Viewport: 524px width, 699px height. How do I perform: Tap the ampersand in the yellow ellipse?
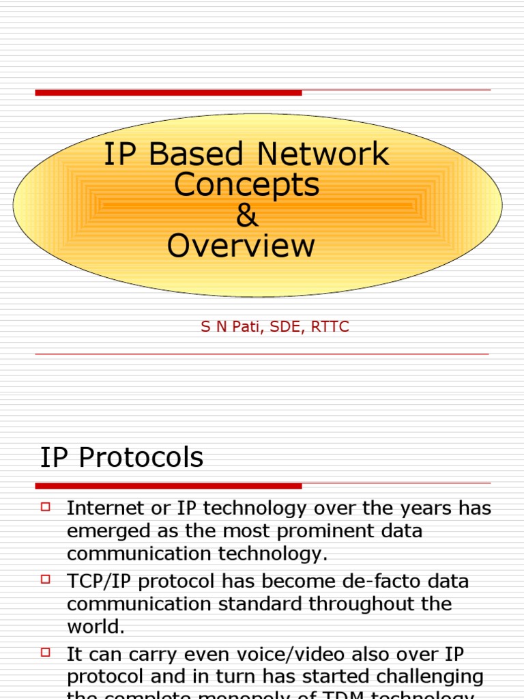[247, 216]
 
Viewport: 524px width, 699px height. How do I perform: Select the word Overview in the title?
[241, 246]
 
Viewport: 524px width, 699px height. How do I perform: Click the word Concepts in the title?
[246, 186]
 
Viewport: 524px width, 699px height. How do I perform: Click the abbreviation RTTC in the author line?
[330, 327]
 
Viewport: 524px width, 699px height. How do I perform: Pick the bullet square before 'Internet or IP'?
[46, 507]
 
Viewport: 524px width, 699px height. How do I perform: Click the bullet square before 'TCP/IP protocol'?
[46, 580]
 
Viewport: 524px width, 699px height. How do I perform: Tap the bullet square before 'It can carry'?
[46, 653]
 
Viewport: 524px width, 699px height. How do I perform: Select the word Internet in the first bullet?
[105, 509]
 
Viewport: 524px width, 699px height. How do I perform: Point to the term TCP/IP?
[97, 582]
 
